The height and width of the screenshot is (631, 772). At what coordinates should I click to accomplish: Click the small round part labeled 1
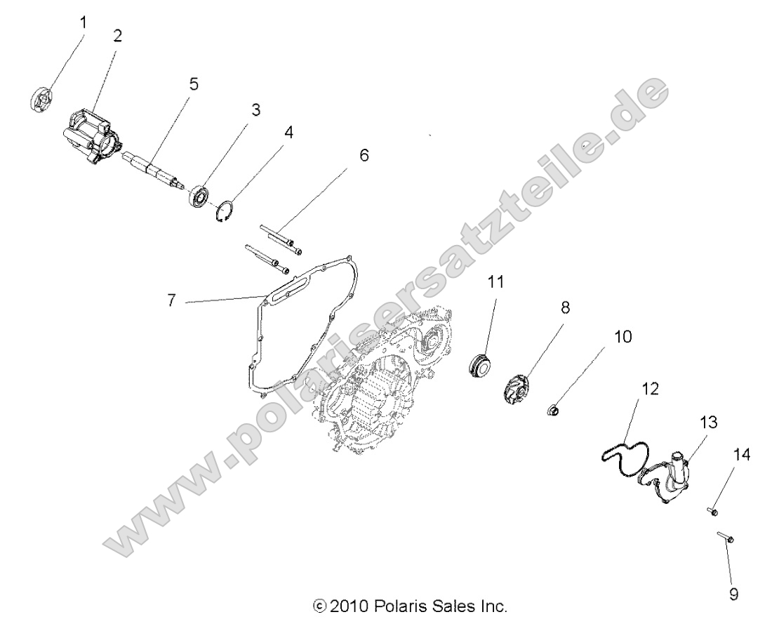tap(44, 98)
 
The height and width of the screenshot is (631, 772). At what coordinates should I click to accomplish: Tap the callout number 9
tap(733, 595)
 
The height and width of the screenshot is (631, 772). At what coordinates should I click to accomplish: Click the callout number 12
tap(650, 389)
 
